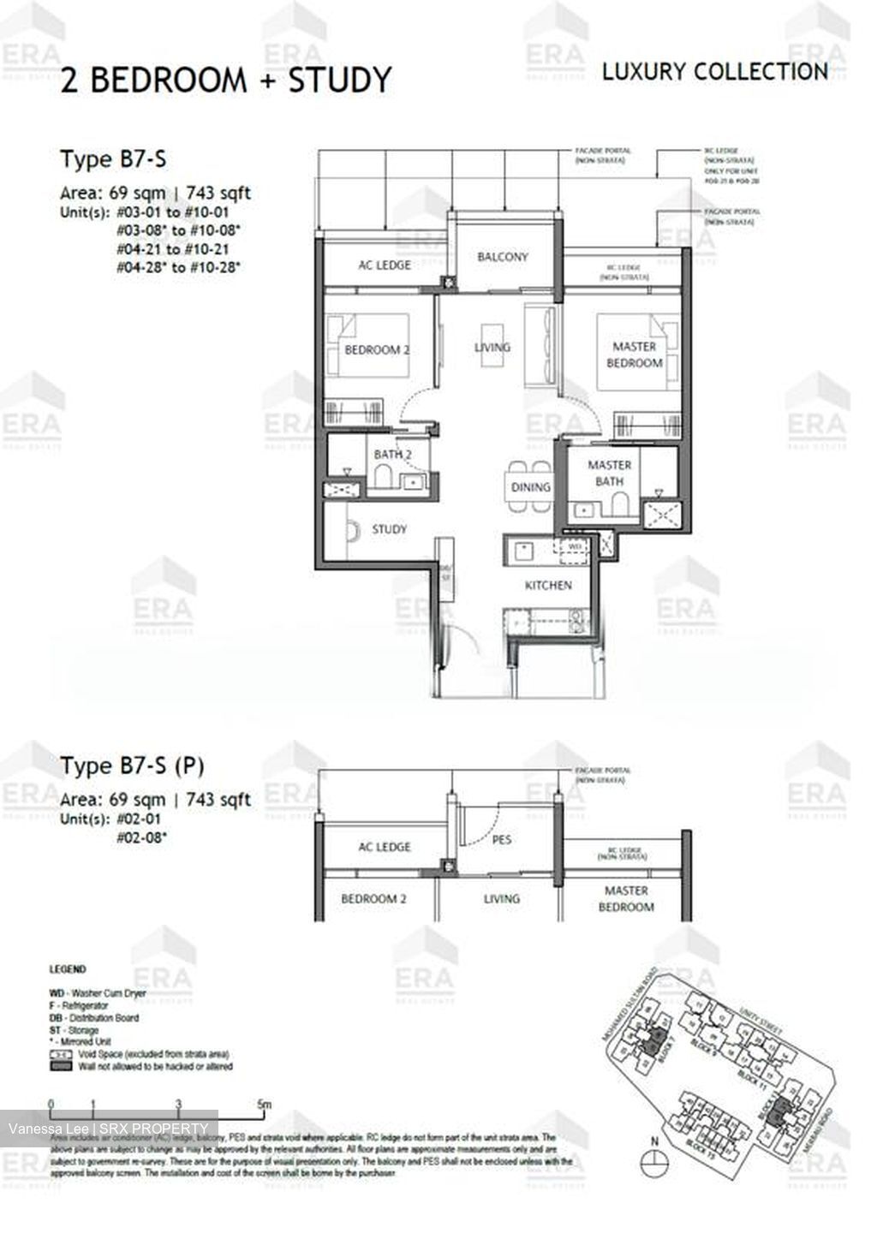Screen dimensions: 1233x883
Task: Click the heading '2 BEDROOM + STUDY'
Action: coord(225,80)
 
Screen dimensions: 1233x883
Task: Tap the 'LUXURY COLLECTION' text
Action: coord(714,72)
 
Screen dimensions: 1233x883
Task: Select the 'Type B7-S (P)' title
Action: coord(132,765)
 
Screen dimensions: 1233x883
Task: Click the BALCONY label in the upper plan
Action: coord(503,256)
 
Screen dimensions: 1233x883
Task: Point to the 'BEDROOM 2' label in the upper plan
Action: coord(373,350)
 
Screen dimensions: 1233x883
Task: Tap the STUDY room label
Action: coord(389,529)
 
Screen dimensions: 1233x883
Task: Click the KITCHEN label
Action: coord(548,585)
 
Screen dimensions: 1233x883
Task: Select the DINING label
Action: coord(531,486)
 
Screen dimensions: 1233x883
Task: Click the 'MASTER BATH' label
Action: coord(610,473)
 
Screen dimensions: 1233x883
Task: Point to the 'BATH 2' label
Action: coord(392,454)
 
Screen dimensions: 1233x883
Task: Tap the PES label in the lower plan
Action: coord(502,839)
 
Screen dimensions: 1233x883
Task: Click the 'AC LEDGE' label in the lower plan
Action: coord(385,847)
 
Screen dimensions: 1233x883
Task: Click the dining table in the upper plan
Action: coord(530,486)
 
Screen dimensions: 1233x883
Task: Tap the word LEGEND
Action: coord(68,969)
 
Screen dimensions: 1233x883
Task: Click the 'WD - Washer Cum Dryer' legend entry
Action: coord(98,993)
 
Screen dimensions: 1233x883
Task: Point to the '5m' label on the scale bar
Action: coord(265,1105)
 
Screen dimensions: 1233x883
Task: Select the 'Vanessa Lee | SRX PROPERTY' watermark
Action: coord(108,1129)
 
